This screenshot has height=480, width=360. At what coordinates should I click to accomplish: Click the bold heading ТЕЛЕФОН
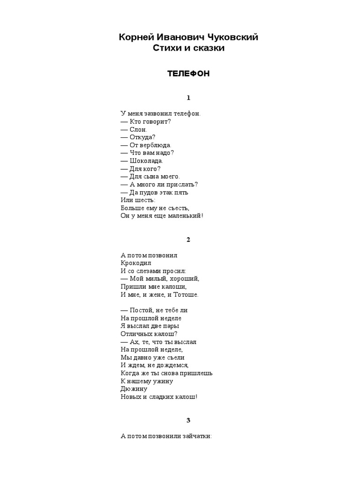point(188,74)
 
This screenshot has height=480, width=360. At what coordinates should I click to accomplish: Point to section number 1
point(188,98)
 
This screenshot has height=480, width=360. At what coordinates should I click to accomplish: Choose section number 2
point(188,240)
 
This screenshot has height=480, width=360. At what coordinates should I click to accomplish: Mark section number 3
point(188,420)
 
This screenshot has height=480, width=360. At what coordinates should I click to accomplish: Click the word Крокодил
point(135,263)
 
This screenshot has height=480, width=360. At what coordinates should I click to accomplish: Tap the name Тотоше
point(186,295)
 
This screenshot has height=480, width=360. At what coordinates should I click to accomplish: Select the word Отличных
point(135,334)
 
